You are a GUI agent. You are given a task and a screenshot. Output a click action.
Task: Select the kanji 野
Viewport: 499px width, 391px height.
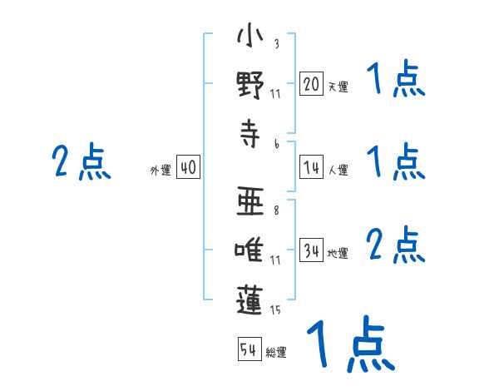pos(250,85)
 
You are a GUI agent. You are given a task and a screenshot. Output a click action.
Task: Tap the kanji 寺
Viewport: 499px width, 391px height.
pos(249,133)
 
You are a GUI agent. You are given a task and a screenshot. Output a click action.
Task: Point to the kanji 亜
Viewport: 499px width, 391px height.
pos(250,201)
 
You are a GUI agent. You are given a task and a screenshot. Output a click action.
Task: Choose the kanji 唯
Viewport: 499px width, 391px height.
pos(249,250)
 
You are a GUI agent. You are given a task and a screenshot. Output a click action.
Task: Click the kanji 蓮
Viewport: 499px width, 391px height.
pos(249,300)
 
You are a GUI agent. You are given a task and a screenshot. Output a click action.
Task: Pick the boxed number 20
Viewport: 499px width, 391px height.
pos(311,83)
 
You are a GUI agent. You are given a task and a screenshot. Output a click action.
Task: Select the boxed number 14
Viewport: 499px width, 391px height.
pos(311,166)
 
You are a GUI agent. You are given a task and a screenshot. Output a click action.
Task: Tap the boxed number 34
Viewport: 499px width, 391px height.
pos(311,250)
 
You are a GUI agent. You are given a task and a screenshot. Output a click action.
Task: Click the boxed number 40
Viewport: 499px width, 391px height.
pos(188,166)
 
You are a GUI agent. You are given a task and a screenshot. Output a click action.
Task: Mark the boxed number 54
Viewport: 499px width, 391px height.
pos(249,349)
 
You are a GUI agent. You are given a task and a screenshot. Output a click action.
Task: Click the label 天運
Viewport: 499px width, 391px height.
pos(338,87)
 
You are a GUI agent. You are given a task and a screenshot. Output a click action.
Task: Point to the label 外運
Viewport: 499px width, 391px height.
pos(161,170)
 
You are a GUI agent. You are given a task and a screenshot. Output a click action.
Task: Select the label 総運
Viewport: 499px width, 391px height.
pos(276,352)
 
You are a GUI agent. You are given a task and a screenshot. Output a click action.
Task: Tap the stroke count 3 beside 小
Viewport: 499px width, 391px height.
pos(277,43)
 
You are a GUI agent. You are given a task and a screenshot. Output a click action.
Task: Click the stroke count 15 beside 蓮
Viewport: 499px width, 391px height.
pos(275,310)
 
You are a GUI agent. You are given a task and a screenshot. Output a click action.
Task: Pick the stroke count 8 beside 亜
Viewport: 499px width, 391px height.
pos(276,210)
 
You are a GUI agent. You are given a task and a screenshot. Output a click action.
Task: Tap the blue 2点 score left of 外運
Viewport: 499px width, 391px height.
pos(82,161)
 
